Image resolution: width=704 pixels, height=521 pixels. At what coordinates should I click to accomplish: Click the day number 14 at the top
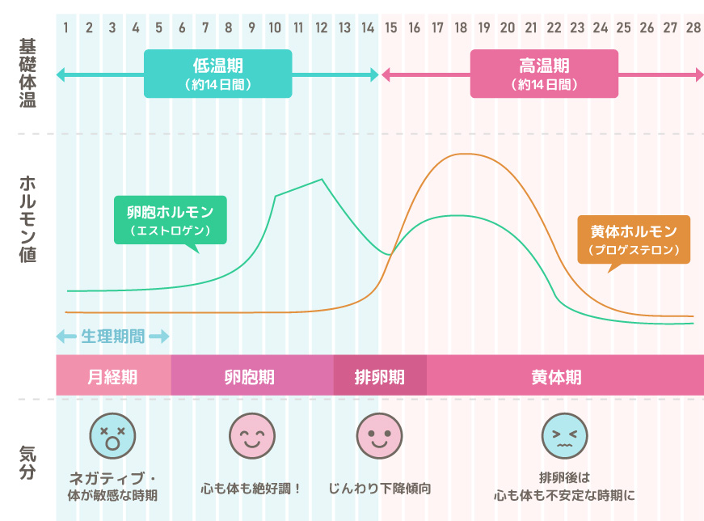tap(368, 28)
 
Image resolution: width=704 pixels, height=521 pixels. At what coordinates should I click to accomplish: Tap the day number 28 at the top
tap(693, 28)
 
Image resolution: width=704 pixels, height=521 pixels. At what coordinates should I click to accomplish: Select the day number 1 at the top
tap(65, 28)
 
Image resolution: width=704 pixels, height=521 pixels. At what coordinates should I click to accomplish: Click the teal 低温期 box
tap(217, 74)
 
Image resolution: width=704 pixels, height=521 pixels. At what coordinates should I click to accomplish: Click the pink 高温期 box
tap(544, 74)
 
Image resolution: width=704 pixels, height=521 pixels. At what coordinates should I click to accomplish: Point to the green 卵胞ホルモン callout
tap(170, 220)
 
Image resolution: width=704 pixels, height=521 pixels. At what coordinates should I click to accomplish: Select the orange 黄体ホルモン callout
tap(634, 239)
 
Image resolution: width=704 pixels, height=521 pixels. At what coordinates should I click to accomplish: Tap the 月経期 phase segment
tap(112, 377)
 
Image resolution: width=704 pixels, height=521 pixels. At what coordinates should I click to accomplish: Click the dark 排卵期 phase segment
tap(379, 377)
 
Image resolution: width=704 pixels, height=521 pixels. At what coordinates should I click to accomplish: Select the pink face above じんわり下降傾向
tap(379, 436)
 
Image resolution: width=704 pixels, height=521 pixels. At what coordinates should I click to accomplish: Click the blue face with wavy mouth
tap(564, 436)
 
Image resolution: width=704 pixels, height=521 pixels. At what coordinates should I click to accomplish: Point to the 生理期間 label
tap(112, 337)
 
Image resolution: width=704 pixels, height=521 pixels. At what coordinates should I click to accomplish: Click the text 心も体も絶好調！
tap(251, 489)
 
